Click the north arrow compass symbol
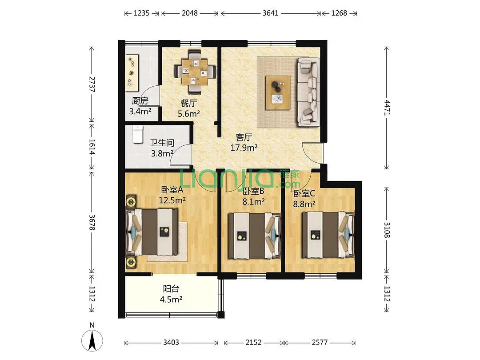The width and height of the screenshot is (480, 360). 92,340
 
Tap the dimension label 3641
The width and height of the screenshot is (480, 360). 271,13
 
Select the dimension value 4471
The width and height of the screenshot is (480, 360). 387,108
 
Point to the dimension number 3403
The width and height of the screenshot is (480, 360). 171,342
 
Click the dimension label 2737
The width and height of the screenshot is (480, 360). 92,84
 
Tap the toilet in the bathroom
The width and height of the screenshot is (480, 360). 138,134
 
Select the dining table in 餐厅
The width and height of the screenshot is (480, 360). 195,72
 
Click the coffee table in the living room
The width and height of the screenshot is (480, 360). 278,92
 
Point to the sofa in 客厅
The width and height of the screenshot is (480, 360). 308,92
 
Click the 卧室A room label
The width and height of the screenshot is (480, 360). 172,190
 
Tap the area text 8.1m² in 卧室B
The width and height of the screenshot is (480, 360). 253,201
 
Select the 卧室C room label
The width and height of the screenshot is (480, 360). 304,193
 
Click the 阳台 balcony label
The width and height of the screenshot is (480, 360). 171,289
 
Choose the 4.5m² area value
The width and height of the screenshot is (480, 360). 171,299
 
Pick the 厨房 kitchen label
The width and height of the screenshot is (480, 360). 140,101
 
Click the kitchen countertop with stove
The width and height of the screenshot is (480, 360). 132,73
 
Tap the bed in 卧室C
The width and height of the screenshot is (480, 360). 328,235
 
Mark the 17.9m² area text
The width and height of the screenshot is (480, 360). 244,148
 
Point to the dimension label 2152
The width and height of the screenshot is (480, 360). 253,342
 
